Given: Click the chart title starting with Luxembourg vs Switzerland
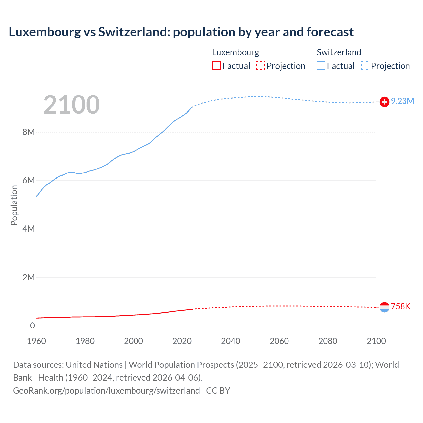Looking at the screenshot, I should click(181, 32).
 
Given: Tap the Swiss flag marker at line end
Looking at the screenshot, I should click(384, 102).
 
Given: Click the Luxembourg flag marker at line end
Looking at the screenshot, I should click(384, 307).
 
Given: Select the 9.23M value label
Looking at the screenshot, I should click(403, 101).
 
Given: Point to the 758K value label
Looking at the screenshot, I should click(401, 307).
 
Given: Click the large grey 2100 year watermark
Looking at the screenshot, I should click(71, 105).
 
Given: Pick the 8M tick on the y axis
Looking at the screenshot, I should click(29, 132).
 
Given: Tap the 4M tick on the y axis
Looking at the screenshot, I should click(29, 229).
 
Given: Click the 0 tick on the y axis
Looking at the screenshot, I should click(32, 326).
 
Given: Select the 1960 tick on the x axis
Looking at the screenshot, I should click(36, 341).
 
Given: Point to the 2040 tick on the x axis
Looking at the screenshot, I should click(231, 341).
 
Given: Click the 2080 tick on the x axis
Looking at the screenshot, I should click(328, 341).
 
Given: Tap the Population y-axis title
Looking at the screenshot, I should click(14, 205).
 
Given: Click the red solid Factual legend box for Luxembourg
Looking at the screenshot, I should click(216, 66).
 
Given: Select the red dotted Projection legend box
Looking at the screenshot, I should click(260, 66).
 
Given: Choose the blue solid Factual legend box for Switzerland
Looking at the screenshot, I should click(321, 66).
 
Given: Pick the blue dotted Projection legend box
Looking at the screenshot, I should click(365, 66).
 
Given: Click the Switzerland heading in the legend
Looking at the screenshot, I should click(339, 52).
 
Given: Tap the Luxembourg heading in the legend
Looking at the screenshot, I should click(236, 52).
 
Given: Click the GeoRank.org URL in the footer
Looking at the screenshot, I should click(106, 391).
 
